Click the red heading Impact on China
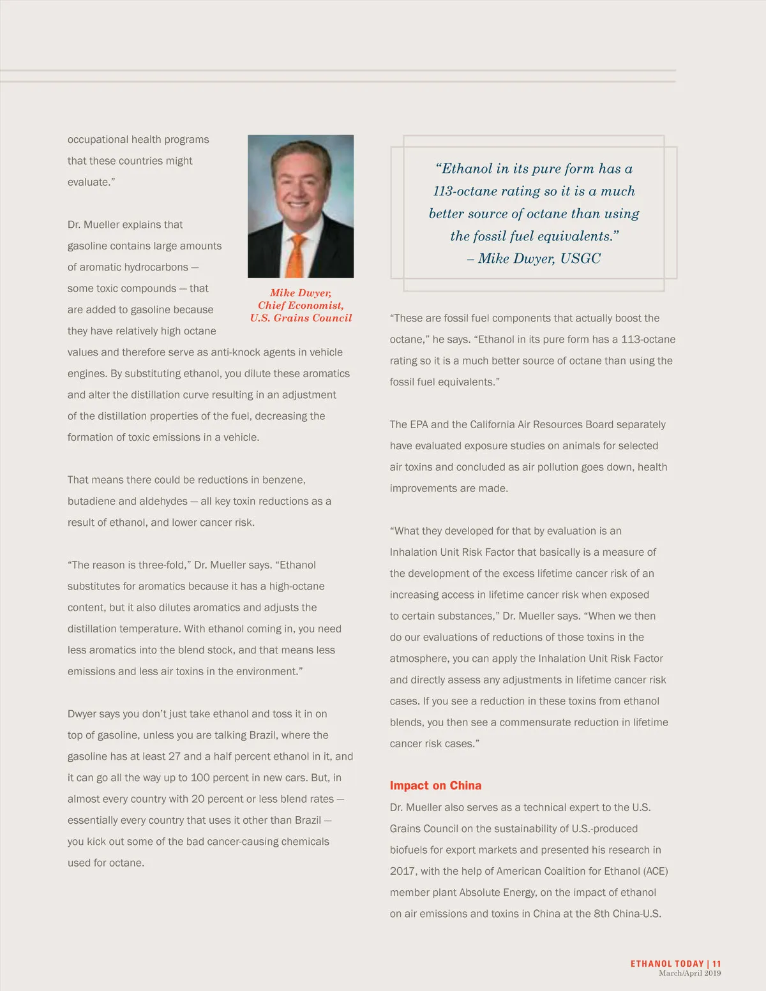[435, 786]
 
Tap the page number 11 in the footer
[717, 964]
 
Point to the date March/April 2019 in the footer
[689, 973]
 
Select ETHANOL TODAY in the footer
[666, 964]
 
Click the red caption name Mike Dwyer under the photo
[300, 293]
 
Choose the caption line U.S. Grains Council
[301, 318]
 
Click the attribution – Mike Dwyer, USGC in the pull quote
[534, 258]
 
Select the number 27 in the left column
[174, 756]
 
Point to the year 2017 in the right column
[403, 871]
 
